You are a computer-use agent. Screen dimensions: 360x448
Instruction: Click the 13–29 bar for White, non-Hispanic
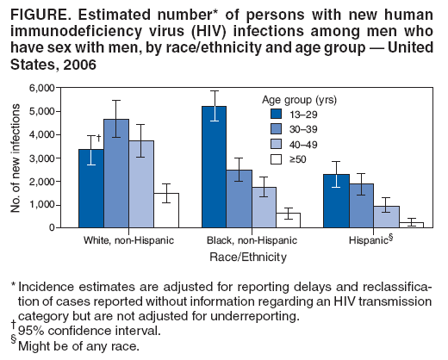[x=90, y=189]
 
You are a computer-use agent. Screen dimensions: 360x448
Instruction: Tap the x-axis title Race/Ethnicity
[x=250, y=257]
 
